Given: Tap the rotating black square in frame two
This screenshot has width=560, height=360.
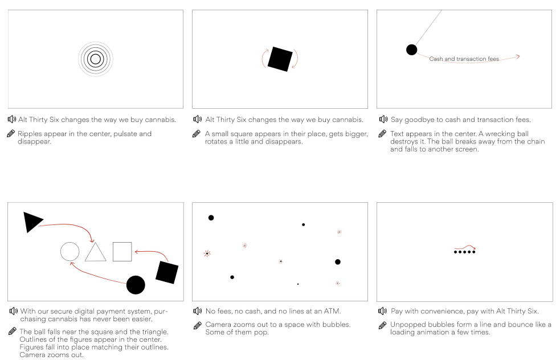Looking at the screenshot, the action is (x=280, y=59).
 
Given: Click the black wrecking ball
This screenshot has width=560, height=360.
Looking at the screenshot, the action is (x=411, y=50).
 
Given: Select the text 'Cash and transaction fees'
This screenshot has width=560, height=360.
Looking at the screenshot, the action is (x=464, y=59).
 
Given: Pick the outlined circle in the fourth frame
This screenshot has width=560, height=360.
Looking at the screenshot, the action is (x=70, y=243).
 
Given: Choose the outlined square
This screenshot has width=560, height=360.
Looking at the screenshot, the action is (x=122, y=243).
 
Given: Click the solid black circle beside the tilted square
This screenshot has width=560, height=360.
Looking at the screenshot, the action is (x=136, y=285).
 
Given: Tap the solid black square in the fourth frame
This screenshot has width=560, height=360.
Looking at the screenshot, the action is (x=167, y=272).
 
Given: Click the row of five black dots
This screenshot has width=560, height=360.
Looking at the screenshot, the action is (x=464, y=252).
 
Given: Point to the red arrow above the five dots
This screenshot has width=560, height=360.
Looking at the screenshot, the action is (x=465, y=247).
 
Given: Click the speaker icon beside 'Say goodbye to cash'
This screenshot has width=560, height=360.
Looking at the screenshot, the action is (x=383, y=119).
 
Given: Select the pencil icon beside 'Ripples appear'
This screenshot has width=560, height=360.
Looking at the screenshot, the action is (x=11, y=133).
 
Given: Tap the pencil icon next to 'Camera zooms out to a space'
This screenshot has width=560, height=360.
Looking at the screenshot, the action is (x=198, y=325).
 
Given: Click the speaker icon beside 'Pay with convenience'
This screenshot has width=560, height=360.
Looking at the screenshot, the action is (x=382, y=311).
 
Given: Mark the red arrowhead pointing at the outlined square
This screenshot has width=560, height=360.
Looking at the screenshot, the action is (x=136, y=252).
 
